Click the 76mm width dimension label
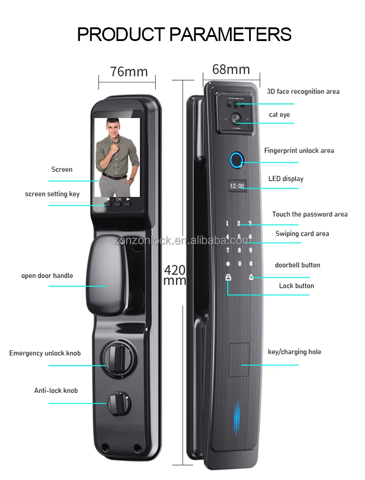tap(129, 72)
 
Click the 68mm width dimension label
tap(231, 69)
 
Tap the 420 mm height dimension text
tap(175, 275)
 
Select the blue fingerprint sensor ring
tap(236, 160)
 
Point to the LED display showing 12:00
tap(237, 186)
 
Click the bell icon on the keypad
tap(251, 277)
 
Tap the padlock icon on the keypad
tap(228, 277)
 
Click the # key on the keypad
tap(250, 263)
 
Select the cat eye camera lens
tap(236, 119)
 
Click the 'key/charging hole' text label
tap(294, 352)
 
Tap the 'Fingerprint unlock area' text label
tap(299, 150)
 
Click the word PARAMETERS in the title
tap(231, 34)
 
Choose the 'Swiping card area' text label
tap(302, 233)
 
